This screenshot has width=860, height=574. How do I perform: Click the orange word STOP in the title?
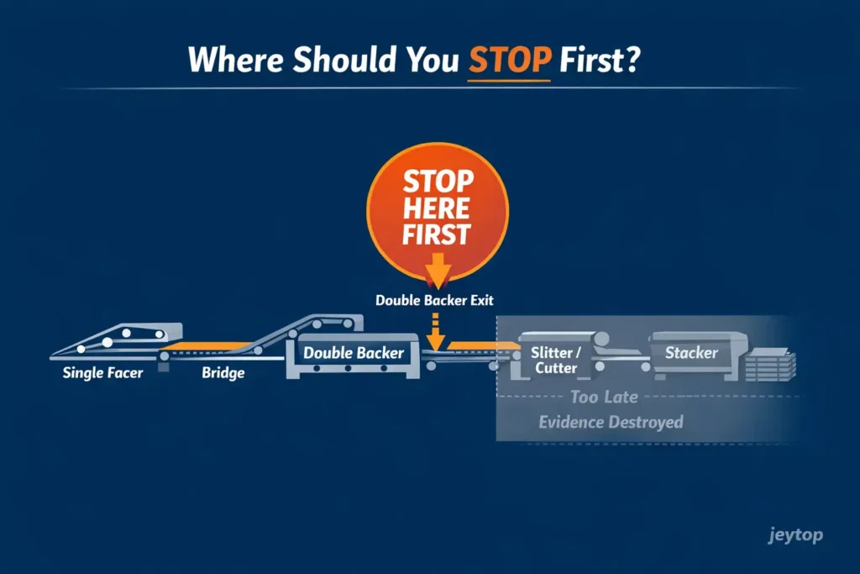(507, 60)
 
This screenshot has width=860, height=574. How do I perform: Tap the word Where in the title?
(237, 61)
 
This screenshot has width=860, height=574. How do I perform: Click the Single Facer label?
(102, 372)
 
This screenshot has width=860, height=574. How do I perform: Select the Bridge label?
(223, 372)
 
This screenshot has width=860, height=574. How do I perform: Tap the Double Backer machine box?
(353, 354)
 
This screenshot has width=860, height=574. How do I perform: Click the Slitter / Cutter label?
(555, 361)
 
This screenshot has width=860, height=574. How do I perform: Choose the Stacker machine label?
(691, 353)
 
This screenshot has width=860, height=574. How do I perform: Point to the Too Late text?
(604, 397)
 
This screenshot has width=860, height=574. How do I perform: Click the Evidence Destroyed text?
(611, 422)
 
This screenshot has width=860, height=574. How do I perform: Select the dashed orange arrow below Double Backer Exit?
(436, 332)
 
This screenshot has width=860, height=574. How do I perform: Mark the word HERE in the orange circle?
(438, 208)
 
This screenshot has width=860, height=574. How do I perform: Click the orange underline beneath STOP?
(507, 81)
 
